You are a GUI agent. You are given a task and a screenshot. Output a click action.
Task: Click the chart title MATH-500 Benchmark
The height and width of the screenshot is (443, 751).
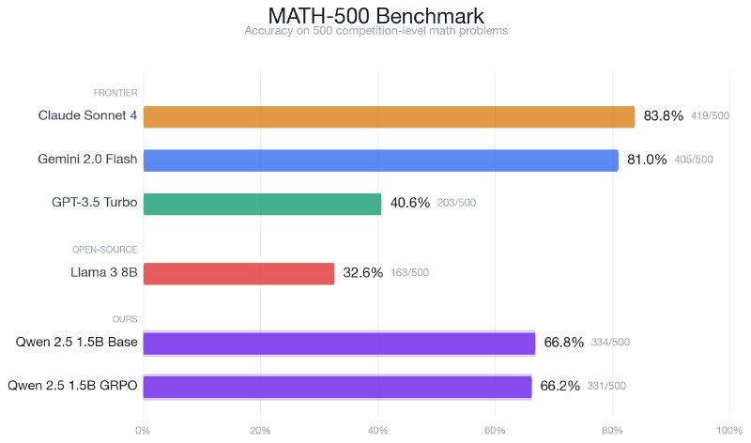click(x=375, y=16)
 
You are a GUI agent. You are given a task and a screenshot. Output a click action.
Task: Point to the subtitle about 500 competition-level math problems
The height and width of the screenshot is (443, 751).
click(x=375, y=31)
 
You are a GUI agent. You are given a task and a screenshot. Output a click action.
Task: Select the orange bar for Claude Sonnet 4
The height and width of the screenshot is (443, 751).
click(x=389, y=116)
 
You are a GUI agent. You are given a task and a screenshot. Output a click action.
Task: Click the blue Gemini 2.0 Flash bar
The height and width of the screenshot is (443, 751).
click(x=380, y=160)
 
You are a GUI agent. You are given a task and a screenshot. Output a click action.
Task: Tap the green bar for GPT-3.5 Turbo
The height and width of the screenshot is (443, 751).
click(x=262, y=204)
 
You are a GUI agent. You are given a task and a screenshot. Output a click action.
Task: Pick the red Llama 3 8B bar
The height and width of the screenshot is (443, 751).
click(x=238, y=273)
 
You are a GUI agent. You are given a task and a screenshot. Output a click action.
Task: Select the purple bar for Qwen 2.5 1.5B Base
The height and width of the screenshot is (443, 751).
click(x=339, y=343)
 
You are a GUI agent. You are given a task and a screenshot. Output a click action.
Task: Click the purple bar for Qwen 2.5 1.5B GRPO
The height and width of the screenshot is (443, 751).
click(x=337, y=386)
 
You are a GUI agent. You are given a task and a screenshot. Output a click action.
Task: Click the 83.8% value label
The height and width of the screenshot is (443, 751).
click(x=663, y=116)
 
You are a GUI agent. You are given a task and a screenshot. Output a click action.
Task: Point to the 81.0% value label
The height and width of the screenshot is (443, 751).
click(x=647, y=160)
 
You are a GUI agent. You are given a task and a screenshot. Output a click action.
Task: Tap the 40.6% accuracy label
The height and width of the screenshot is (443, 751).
click(x=409, y=204)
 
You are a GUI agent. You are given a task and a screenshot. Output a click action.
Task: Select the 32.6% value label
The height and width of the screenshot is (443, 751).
click(x=362, y=273)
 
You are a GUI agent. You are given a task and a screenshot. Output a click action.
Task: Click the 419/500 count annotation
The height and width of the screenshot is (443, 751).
click(x=710, y=116)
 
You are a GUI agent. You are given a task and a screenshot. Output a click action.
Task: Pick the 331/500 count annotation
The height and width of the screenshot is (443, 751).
click(x=606, y=386)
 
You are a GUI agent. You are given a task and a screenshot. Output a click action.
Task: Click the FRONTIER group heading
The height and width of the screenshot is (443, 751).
click(x=115, y=93)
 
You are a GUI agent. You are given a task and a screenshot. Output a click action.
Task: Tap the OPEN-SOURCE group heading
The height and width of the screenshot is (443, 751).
click(x=105, y=250)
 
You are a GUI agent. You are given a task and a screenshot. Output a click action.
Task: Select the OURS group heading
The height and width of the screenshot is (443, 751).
click(x=124, y=319)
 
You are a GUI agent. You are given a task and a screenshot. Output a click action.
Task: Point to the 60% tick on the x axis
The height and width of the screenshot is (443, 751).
click(x=495, y=431)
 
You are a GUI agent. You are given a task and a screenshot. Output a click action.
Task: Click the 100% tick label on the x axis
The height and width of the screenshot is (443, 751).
click(x=728, y=431)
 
